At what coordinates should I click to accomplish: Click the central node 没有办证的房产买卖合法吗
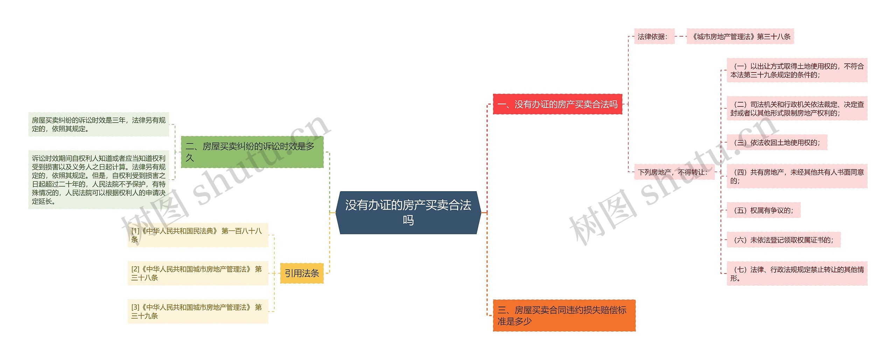[408, 213]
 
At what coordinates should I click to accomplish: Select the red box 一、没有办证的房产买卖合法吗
[557, 104]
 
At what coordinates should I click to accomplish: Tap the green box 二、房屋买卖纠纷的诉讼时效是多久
[252, 152]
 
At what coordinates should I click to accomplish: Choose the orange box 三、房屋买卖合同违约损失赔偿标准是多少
[564, 316]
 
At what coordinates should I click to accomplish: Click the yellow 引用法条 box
[302, 273]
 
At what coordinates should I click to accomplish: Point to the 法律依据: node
[654, 36]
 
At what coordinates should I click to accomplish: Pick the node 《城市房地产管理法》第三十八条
[740, 36]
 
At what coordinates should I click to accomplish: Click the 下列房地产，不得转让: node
[674, 172]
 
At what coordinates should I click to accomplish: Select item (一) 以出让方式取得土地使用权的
[797, 70]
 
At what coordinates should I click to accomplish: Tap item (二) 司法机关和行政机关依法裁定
[797, 109]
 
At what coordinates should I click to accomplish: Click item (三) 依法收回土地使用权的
[777, 143]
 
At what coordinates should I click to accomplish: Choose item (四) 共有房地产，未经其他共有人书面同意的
[797, 176]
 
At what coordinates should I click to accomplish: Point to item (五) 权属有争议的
[763, 210]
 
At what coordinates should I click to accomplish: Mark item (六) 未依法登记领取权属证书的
[783, 240]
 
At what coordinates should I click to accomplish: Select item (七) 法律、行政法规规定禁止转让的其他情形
[797, 274]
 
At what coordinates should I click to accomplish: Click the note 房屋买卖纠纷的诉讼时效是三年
[99, 124]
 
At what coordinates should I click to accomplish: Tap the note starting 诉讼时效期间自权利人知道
[99, 180]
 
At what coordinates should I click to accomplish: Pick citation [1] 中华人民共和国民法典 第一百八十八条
[198, 235]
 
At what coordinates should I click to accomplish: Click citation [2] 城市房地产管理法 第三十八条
[198, 273]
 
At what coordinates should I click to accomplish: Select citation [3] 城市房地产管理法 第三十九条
[198, 311]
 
